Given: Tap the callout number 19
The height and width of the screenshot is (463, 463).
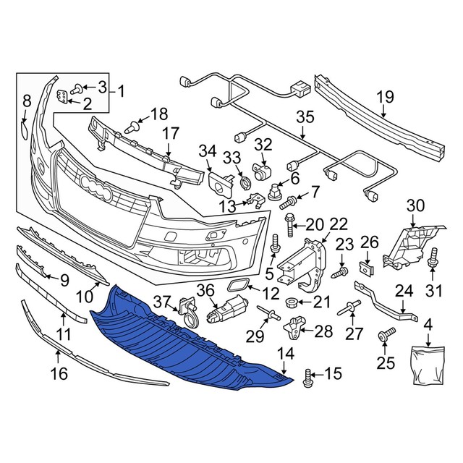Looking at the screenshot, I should coord(385,97).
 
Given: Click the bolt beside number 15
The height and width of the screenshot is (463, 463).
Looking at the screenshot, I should coord(309,376).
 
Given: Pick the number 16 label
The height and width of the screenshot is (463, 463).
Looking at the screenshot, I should coord(59,374).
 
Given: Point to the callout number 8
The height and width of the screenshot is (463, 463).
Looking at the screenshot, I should coord(26,101).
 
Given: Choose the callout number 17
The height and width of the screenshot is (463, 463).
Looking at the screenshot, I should coord(169,133).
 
